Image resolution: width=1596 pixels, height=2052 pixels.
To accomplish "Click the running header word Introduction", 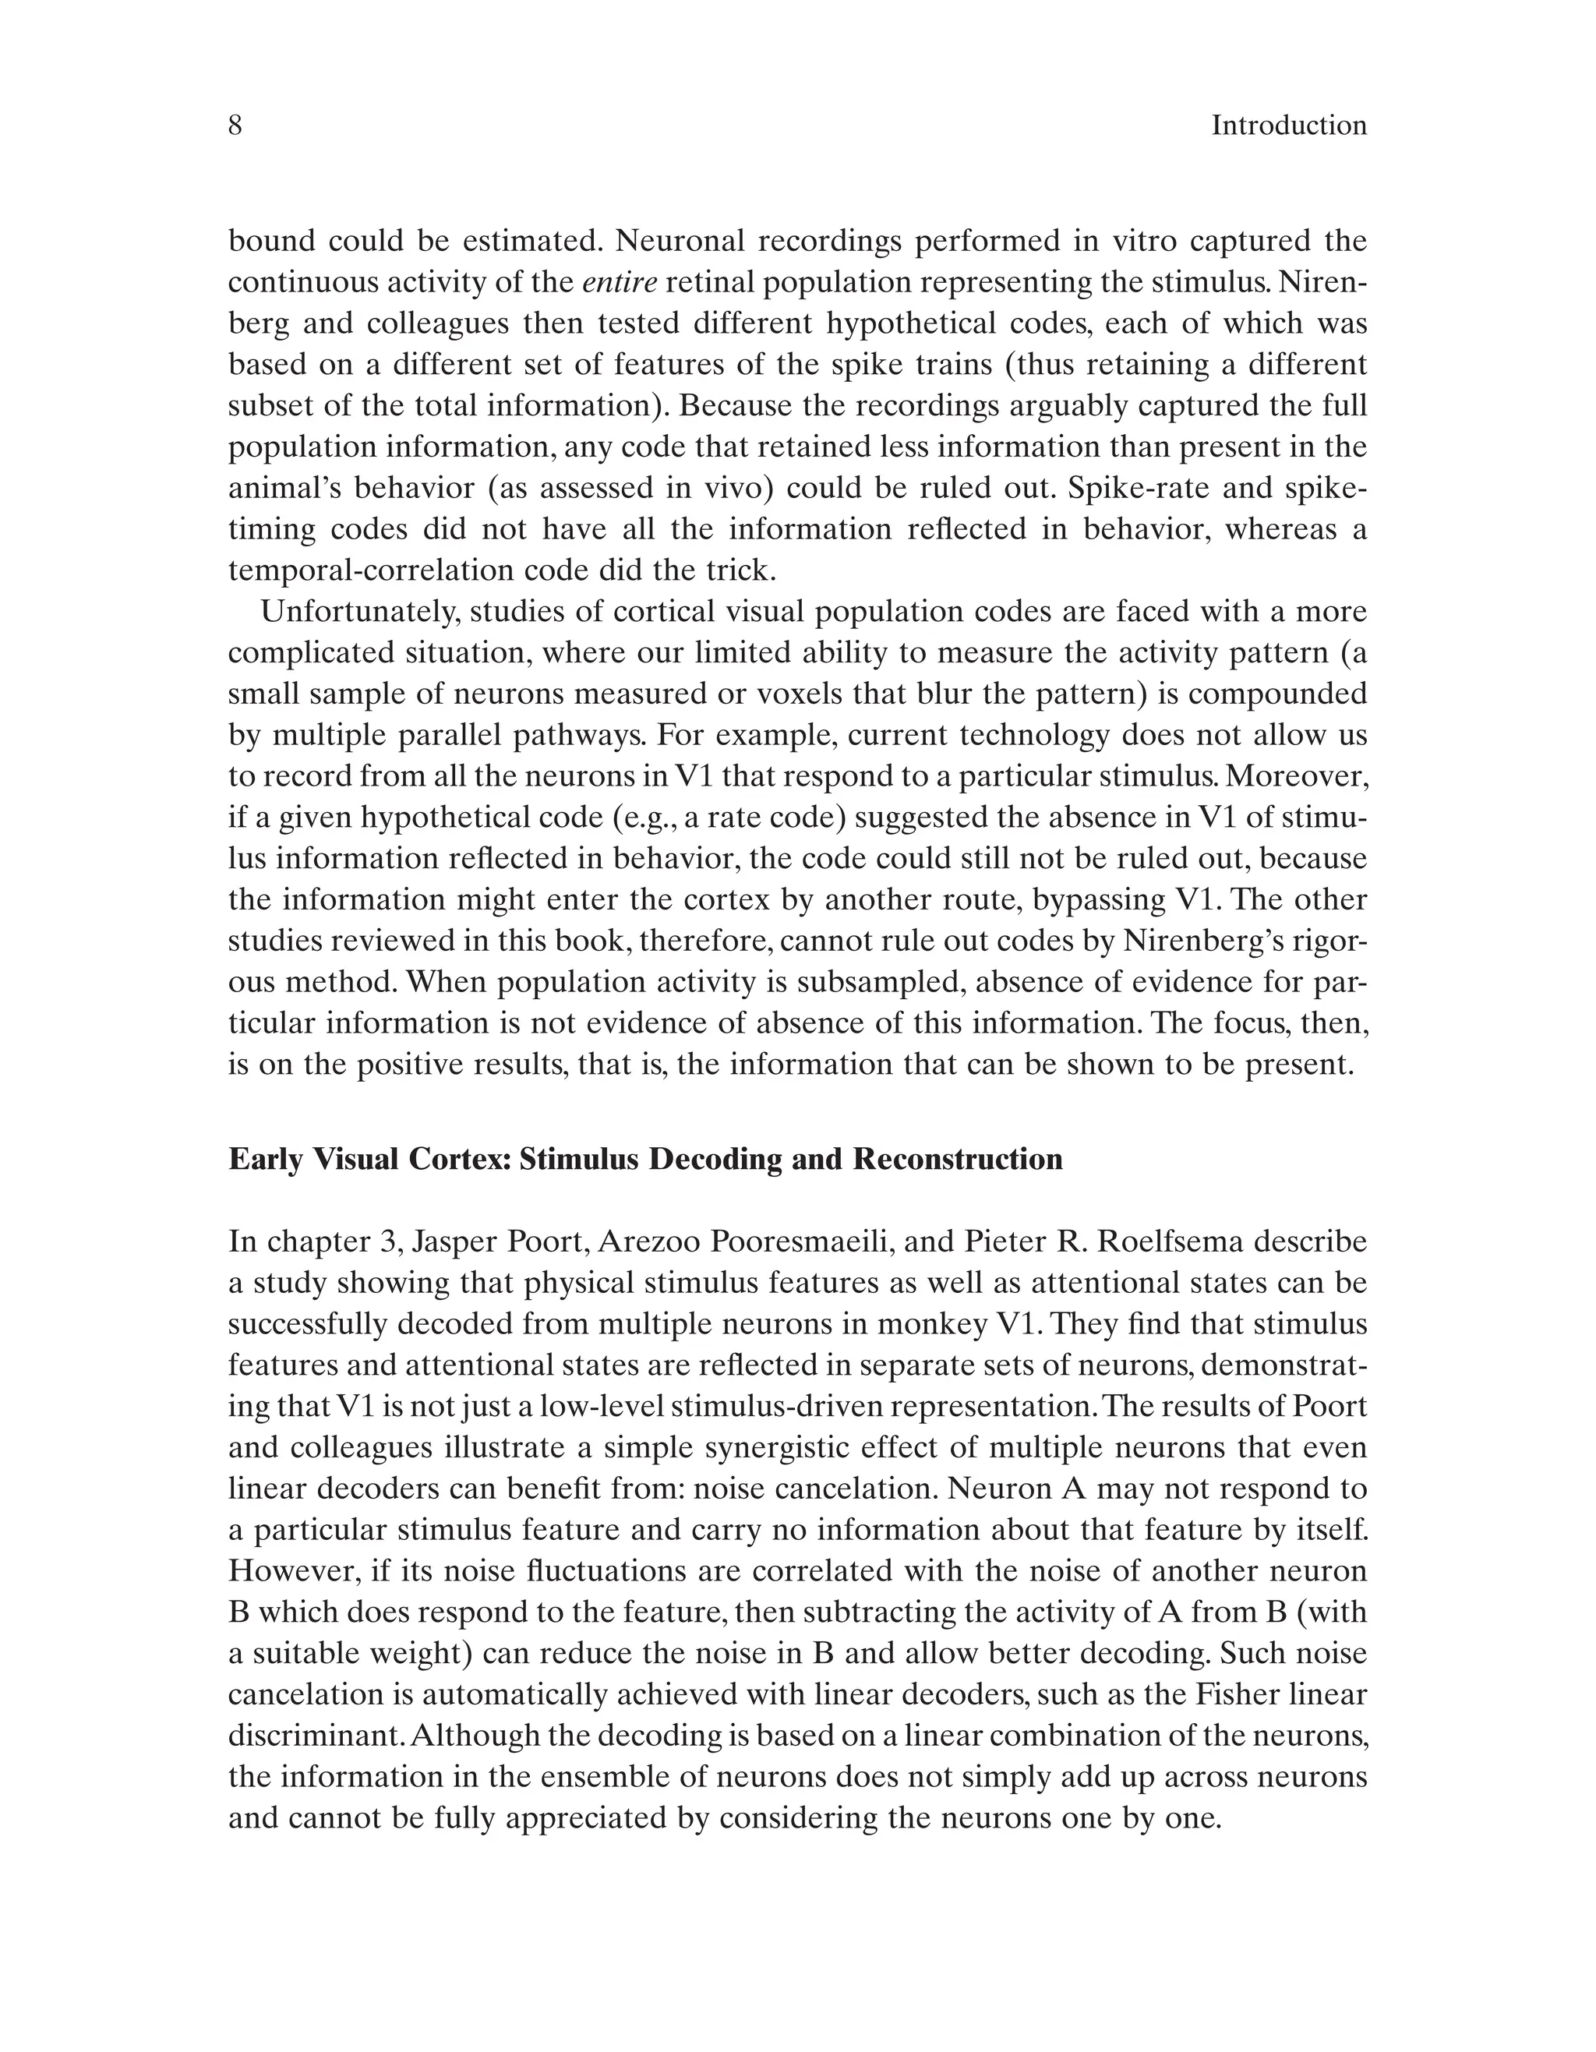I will [1288, 125].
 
